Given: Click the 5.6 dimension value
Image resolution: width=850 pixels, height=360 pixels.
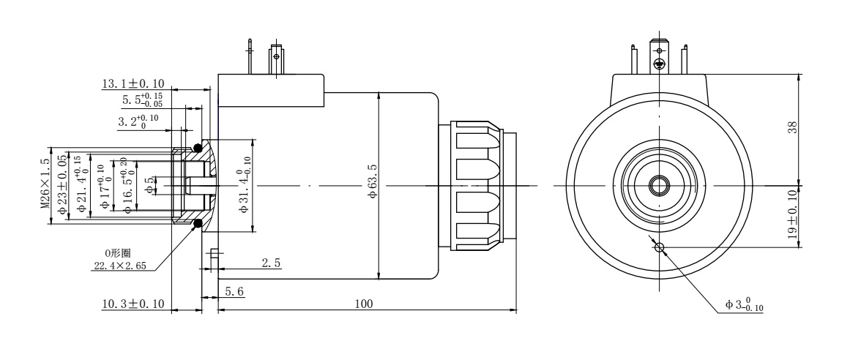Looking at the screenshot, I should coord(234,291).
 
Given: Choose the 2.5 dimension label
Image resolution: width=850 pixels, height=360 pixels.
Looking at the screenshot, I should coord(271,262).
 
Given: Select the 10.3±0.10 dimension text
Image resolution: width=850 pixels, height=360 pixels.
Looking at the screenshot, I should coord(133,303).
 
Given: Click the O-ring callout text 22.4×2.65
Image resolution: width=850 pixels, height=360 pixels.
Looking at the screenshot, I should coord(119,266).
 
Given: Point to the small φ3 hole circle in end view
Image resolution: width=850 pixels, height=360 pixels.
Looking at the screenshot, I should coord(659,247).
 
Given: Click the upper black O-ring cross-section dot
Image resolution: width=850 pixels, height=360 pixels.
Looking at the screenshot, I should coord(198,149).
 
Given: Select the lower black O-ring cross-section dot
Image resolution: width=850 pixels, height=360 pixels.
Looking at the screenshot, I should coord(198,223).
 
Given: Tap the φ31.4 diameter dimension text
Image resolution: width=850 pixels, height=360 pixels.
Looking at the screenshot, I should coord(245,185).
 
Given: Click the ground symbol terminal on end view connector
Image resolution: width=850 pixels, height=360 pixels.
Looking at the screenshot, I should coord(659,65).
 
